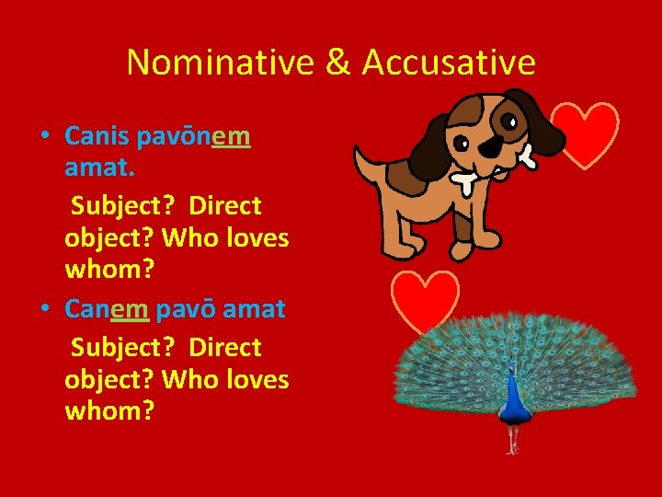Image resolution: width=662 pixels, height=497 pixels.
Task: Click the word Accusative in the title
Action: [x=449, y=63]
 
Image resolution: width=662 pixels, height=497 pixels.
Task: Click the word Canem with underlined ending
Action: [x=107, y=308]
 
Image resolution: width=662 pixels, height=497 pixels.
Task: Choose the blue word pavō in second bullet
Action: [x=188, y=308]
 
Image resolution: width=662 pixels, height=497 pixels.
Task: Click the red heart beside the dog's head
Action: [x=586, y=134]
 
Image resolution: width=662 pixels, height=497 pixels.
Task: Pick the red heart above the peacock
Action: [x=425, y=300]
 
